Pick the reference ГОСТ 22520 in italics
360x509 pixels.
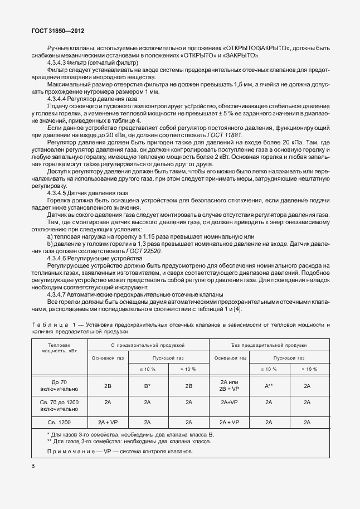point(144,251)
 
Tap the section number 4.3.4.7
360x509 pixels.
point(57,294)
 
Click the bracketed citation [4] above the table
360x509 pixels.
point(237,309)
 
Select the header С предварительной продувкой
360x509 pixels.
point(147,346)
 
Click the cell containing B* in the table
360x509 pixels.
point(148,385)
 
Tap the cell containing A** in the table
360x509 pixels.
point(268,385)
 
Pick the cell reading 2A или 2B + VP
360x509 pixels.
point(229,385)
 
